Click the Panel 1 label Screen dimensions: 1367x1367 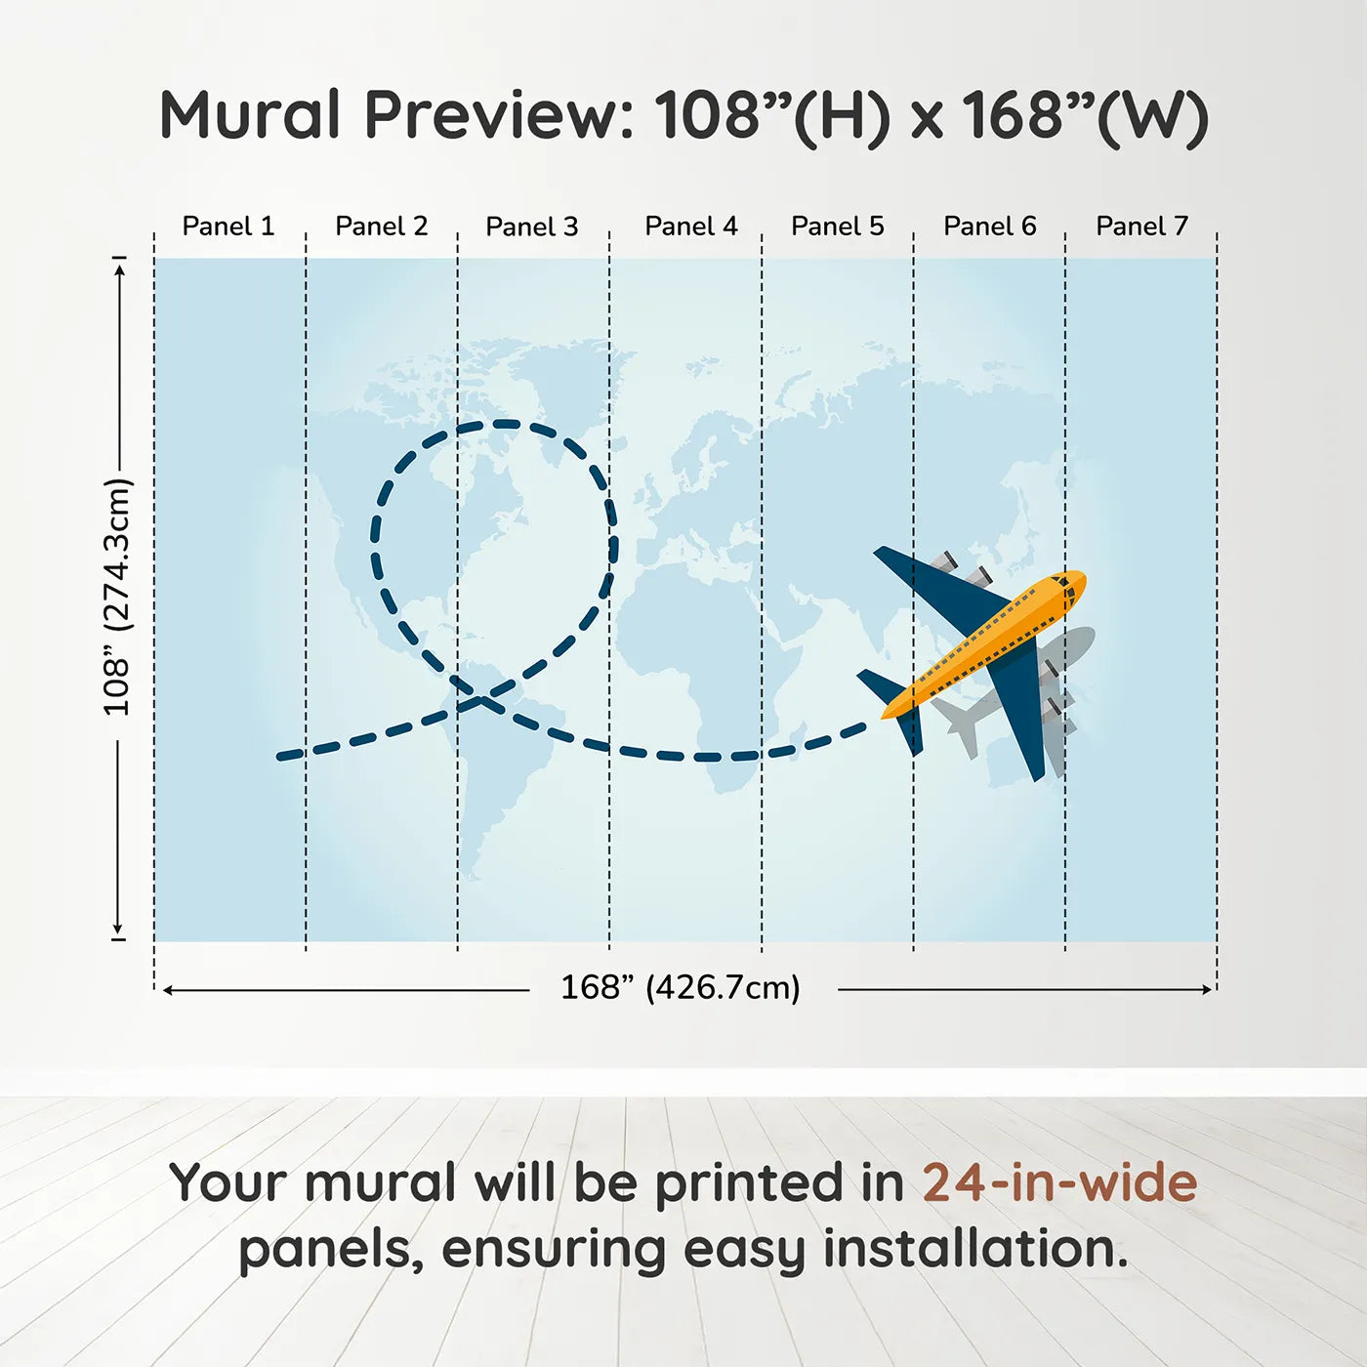[x=228, y=227]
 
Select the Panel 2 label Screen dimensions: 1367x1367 [x=382, y=227]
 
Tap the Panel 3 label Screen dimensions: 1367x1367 [x=532, y=227]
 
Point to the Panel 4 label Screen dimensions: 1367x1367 [x=691, y=227]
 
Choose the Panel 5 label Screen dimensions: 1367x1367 [x=838, y=227]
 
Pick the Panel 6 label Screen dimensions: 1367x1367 [x=989, y=227]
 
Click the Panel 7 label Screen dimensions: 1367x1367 [x=1141, y=227]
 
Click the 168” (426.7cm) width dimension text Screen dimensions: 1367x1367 [x=681, y=987]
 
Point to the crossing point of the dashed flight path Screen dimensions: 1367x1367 [x=481, y=700]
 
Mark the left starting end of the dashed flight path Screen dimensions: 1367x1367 [x=280, y=757]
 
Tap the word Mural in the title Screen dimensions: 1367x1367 [x=250, y=115]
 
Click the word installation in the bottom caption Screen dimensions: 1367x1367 [x=974, y=1248]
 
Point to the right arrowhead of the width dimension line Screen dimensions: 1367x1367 [x=1209, y=989]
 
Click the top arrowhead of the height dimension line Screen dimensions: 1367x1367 [x=121, y=270]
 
